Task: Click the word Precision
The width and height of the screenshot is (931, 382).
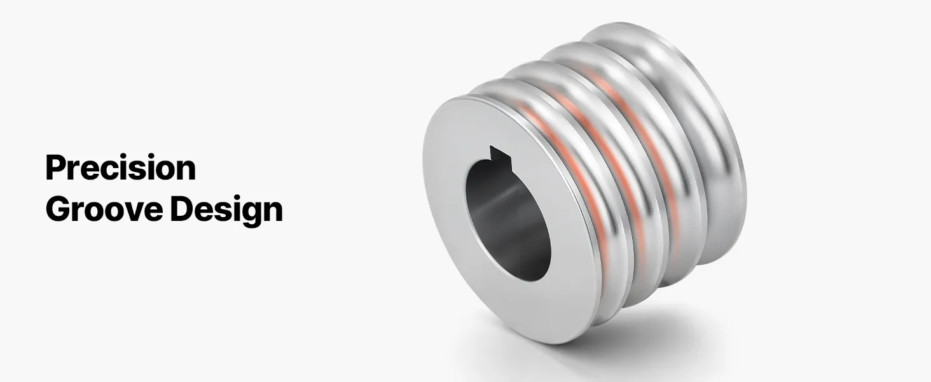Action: tap(121, 167)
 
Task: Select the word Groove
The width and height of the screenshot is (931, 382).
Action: tap(104, 209)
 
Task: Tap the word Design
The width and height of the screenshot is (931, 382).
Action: tap(227, 211)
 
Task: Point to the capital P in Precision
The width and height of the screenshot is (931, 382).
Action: tap(55, 167)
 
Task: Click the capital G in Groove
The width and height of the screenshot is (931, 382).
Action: tap(57, 209)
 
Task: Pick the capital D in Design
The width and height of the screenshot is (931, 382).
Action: tap(181, 208)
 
